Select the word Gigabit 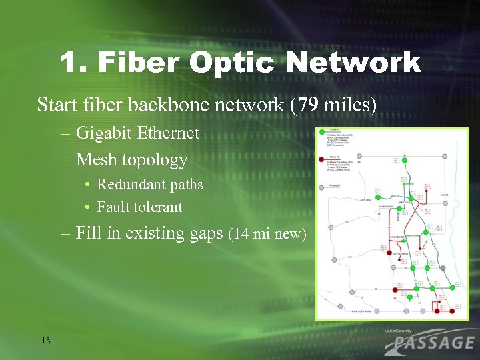[104, 133]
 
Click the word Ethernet [168, 133]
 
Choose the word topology [155, 161]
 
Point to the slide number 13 [45, 341]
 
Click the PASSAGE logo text [430, 343]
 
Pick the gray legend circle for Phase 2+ [323, 185]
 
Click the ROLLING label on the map [366, 199]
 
